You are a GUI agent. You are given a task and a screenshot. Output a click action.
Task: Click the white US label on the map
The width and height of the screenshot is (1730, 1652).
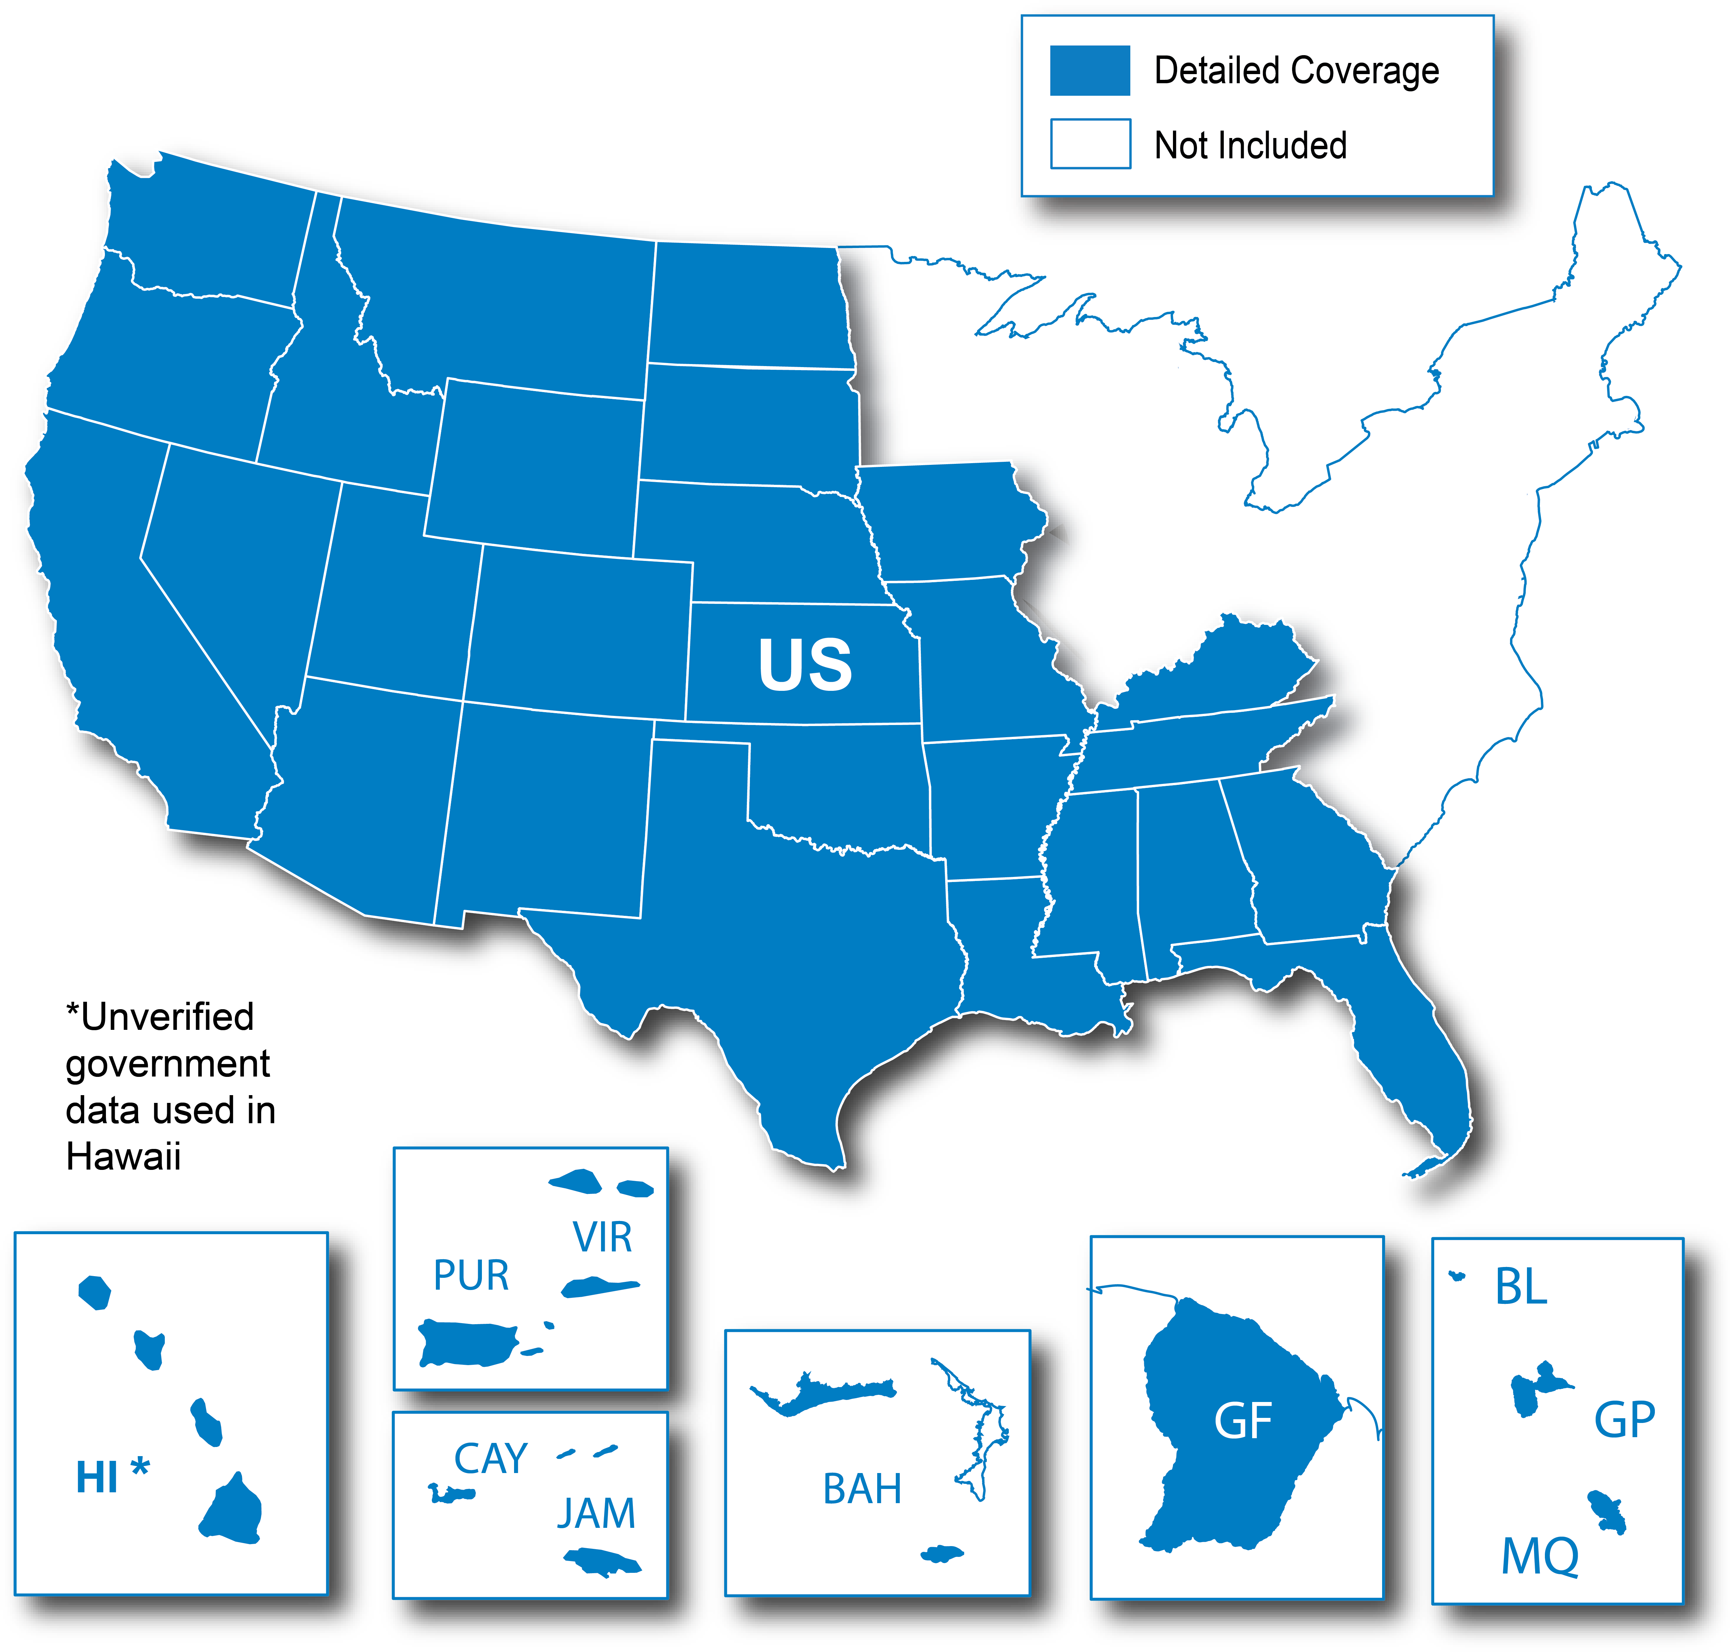[x=805, y=665]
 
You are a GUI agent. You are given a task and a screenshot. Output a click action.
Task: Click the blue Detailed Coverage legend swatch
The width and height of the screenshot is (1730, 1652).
[x=1090, y=70]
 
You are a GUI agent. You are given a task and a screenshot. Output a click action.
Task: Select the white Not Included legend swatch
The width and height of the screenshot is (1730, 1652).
[x=1090, y=143]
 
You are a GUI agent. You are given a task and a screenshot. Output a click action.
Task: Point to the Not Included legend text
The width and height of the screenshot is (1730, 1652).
[x=1250, y=145]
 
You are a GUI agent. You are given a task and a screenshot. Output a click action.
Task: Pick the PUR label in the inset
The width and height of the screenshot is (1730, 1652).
[x=471, y=1275]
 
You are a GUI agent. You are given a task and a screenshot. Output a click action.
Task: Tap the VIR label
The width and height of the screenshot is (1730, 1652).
[x=602, y=1237]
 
